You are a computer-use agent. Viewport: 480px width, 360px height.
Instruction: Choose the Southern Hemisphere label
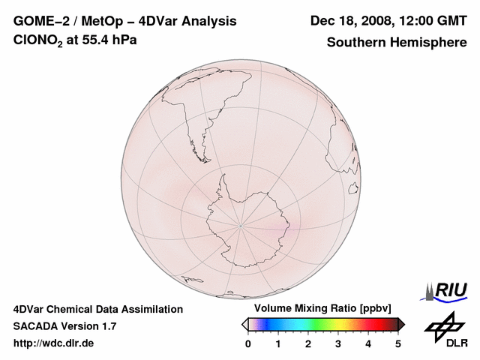pos(396,42)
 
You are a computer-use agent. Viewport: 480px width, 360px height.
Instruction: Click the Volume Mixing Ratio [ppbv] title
pos(322,309)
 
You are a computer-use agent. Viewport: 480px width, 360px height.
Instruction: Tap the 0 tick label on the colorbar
pos(248,343)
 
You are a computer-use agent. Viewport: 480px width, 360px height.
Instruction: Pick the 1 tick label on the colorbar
pos(278,343)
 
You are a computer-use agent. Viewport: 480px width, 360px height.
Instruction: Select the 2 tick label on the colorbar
pos(308,343)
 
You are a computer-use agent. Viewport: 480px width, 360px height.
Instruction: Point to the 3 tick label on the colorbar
pos(338,343)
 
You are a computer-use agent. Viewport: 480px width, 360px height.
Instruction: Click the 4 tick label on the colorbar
pos(368,343)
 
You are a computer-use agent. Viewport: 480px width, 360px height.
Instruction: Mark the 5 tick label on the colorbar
pos(398,343)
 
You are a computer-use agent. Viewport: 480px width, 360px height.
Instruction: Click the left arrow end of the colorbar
pos(244,324)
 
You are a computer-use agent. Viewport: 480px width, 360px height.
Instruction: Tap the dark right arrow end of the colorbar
pos(402,324)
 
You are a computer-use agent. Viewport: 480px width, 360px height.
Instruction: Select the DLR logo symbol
pos(443,326)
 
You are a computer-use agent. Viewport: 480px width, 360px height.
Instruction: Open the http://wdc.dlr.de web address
pos(53,343)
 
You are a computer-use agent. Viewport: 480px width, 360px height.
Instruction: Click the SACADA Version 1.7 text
pos(64,326)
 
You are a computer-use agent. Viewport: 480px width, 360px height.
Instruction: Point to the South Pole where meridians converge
pos(241,223)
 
